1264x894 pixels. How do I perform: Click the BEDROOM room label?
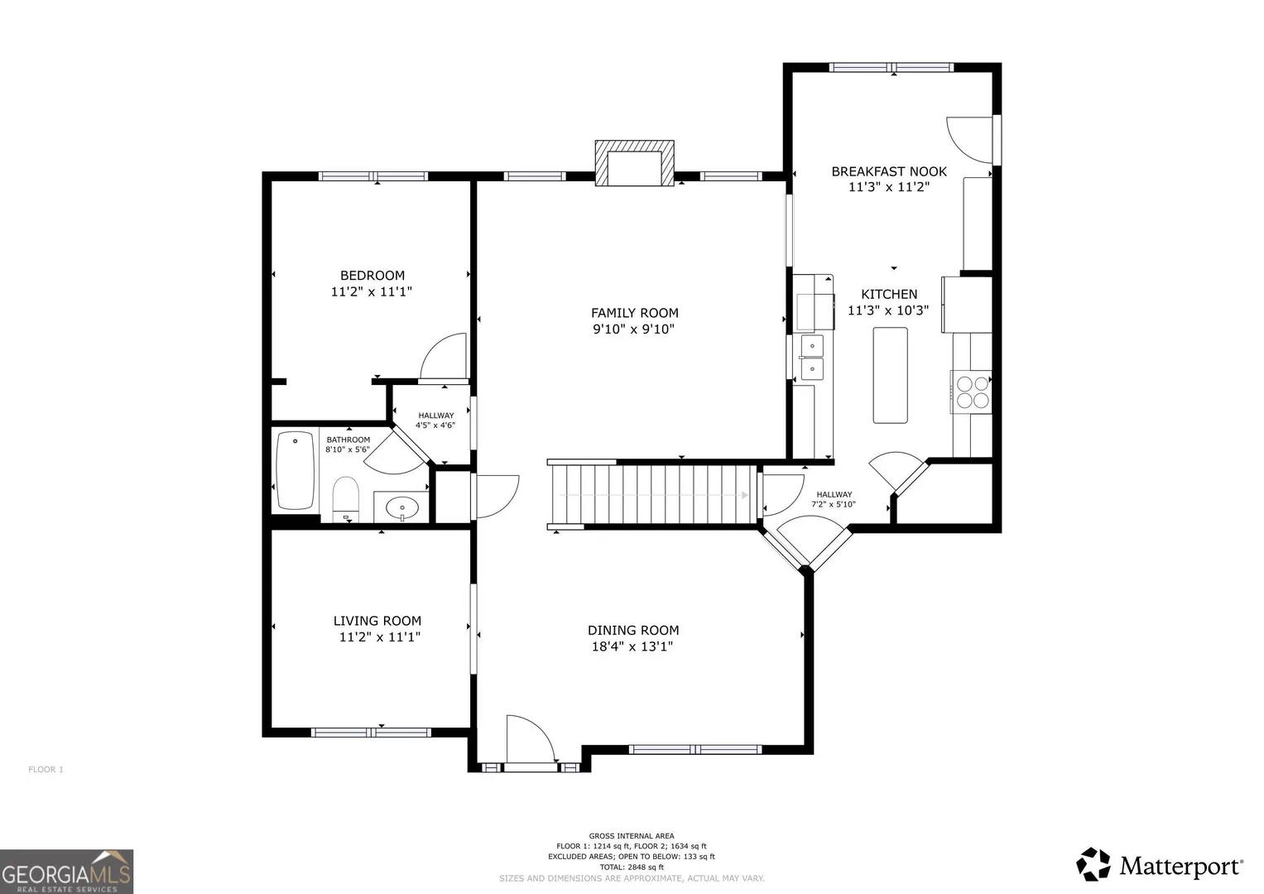coord(372,276)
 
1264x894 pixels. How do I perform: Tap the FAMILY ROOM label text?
coord(634,313)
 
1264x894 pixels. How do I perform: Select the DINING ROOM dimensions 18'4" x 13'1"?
coord(632,646)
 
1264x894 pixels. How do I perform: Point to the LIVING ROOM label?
coord(377,621)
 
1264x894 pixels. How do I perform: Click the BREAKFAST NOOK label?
coord(889,171)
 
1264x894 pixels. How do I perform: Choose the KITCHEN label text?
coord(889,294)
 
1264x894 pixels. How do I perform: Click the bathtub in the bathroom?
coord(296,471)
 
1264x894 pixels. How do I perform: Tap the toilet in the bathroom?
coord(345,499)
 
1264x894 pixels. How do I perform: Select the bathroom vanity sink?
coord(401,508)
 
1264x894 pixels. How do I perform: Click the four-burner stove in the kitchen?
coord(972,392)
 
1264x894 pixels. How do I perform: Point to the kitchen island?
coord(891,375)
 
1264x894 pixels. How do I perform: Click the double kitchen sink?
coord(811,358)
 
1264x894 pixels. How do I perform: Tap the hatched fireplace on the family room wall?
coord(634,163)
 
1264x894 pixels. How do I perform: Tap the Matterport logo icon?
coord(1093,864)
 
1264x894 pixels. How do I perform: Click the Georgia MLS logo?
coord(66,872)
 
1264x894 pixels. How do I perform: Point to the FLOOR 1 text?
coord(46,769)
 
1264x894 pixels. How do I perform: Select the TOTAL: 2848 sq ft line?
coord(632,867)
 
